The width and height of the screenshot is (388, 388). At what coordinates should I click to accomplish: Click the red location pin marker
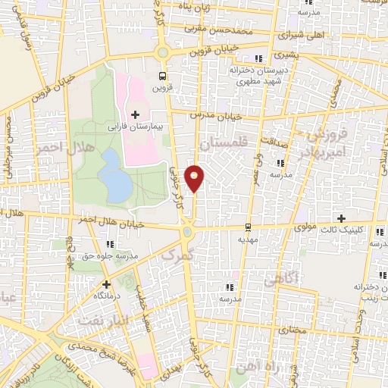point(195,178)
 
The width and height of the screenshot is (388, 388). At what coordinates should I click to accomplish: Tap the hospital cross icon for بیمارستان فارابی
point(136,114)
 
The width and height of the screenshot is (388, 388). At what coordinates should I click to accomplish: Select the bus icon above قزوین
point(161,76)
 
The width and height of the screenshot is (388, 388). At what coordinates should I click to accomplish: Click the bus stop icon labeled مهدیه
point(248,227)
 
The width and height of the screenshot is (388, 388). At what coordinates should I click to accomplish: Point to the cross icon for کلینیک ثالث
point(341,218)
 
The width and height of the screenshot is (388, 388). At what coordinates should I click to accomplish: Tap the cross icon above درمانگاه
point(106,284)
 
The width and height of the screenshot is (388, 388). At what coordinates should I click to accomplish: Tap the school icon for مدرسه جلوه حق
point(111,244)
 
